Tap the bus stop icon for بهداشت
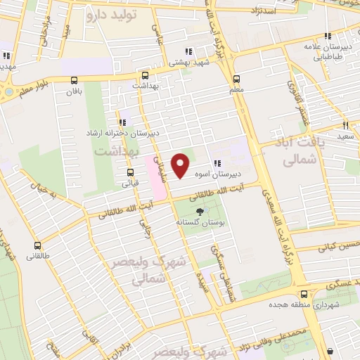146,75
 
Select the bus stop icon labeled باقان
75,80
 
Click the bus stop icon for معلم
236,79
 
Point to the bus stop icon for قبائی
130,172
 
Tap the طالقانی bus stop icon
38,246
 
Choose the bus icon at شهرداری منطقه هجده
304,294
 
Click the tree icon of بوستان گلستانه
200,211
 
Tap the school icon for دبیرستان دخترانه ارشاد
123,122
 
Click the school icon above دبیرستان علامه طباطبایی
326,37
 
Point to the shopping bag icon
330,352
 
